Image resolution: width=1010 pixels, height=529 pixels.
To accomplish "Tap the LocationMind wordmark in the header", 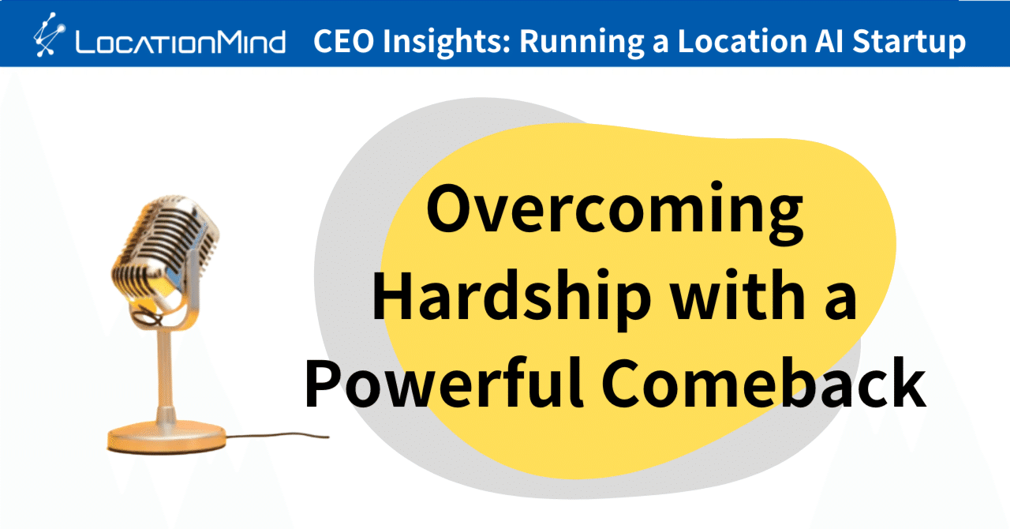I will tap(180, 41).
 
